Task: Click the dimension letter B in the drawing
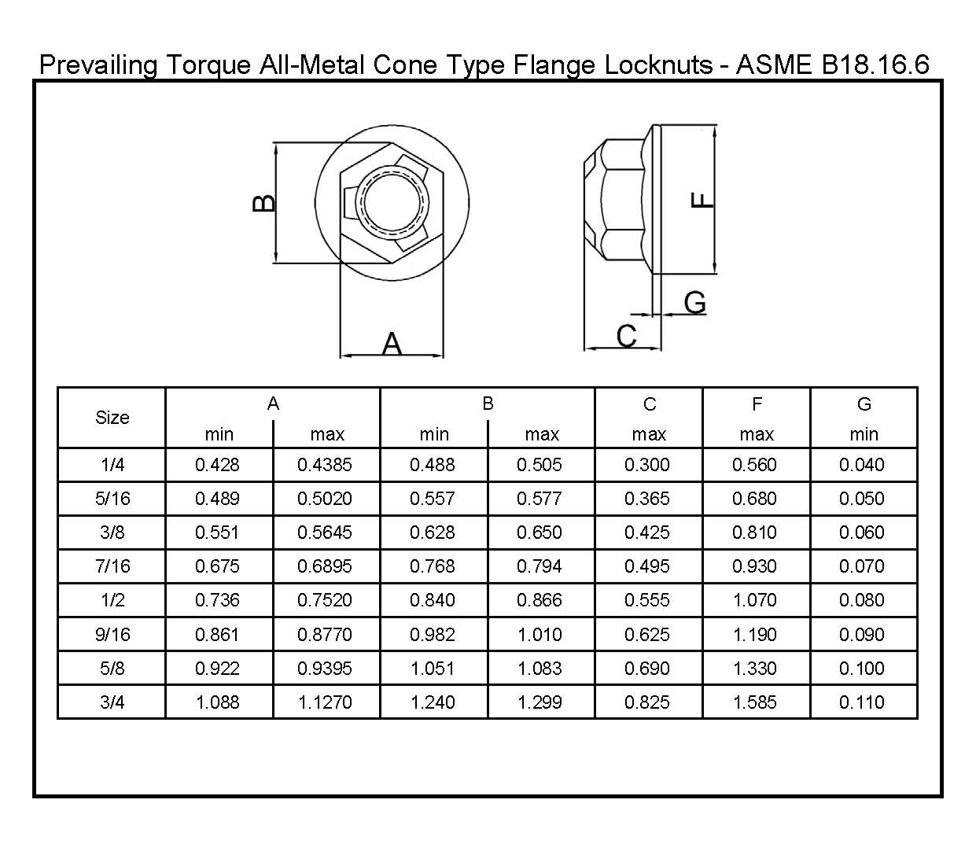tap(264, 203)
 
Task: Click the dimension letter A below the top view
tap(392, 344)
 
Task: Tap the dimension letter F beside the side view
tap(702, 200)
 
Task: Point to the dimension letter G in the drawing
tap(694, 302)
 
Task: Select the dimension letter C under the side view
tap(626, 336)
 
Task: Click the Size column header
tap(112, 418)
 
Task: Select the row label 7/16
tap(112, 566)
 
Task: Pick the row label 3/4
tap(112, 702)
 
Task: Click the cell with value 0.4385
tap(325, 465)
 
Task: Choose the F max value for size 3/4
tap(755, 702)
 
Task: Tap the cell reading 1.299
tap(540, 702)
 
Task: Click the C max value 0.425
tap(647, 532)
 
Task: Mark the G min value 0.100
tap(862, 669)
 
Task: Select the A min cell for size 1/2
tap(217, 600)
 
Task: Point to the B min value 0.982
tap(433, 635)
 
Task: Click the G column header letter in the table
tap(864, 404)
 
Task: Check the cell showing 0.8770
tap(325, 635)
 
